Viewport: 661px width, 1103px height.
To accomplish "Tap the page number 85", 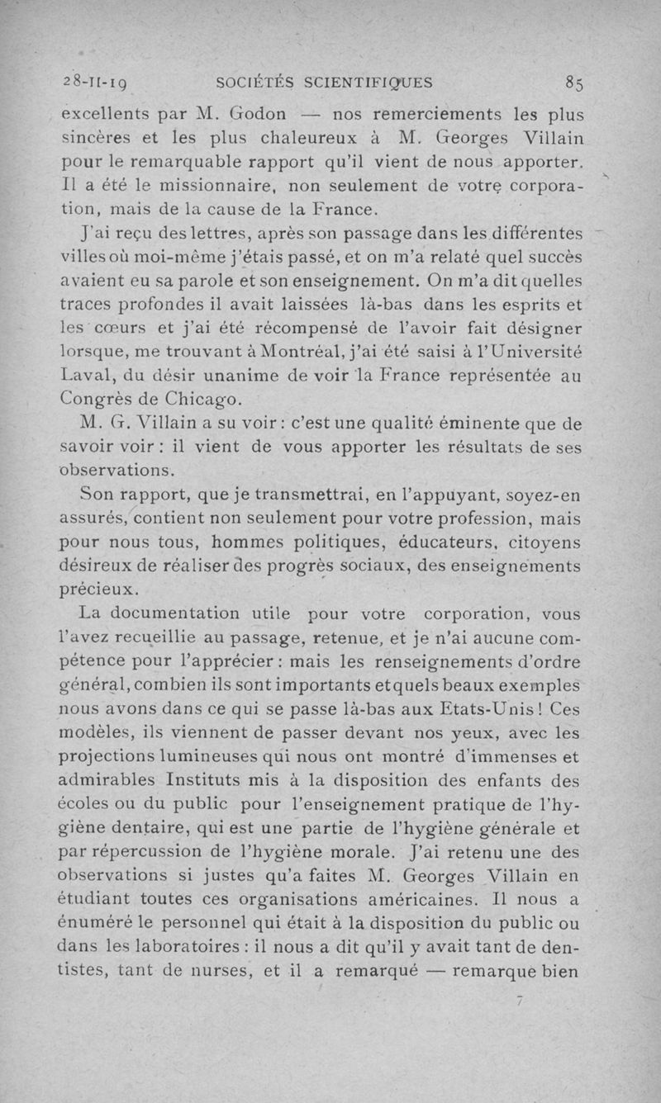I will [x=575, y=83].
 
